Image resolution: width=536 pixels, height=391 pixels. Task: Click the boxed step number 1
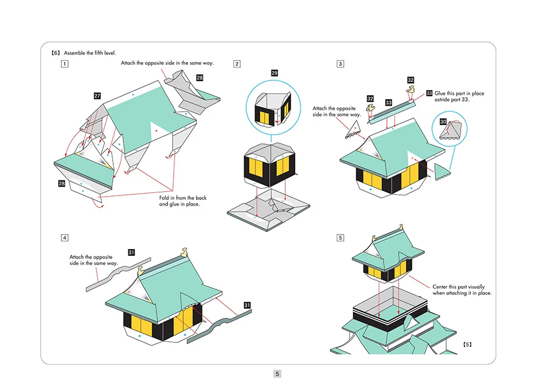(65, 64)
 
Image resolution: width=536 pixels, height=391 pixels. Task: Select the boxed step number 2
(237, 64)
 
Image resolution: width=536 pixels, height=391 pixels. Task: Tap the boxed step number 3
(341, 64)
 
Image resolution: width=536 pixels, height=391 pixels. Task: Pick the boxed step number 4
(65, 237)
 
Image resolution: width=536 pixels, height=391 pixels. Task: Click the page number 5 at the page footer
(277, 374)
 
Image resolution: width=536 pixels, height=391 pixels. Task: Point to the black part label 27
(97, 96)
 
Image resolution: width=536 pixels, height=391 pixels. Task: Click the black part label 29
(274, 73)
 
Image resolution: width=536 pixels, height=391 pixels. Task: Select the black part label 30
(443, 121)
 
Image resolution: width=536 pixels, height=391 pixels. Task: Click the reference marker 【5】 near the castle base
(467, 344)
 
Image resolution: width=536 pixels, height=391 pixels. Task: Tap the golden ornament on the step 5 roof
(400, 227)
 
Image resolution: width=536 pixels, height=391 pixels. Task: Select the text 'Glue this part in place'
(459, 93)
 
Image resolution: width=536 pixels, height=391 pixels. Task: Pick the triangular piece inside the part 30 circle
(451, 131)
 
